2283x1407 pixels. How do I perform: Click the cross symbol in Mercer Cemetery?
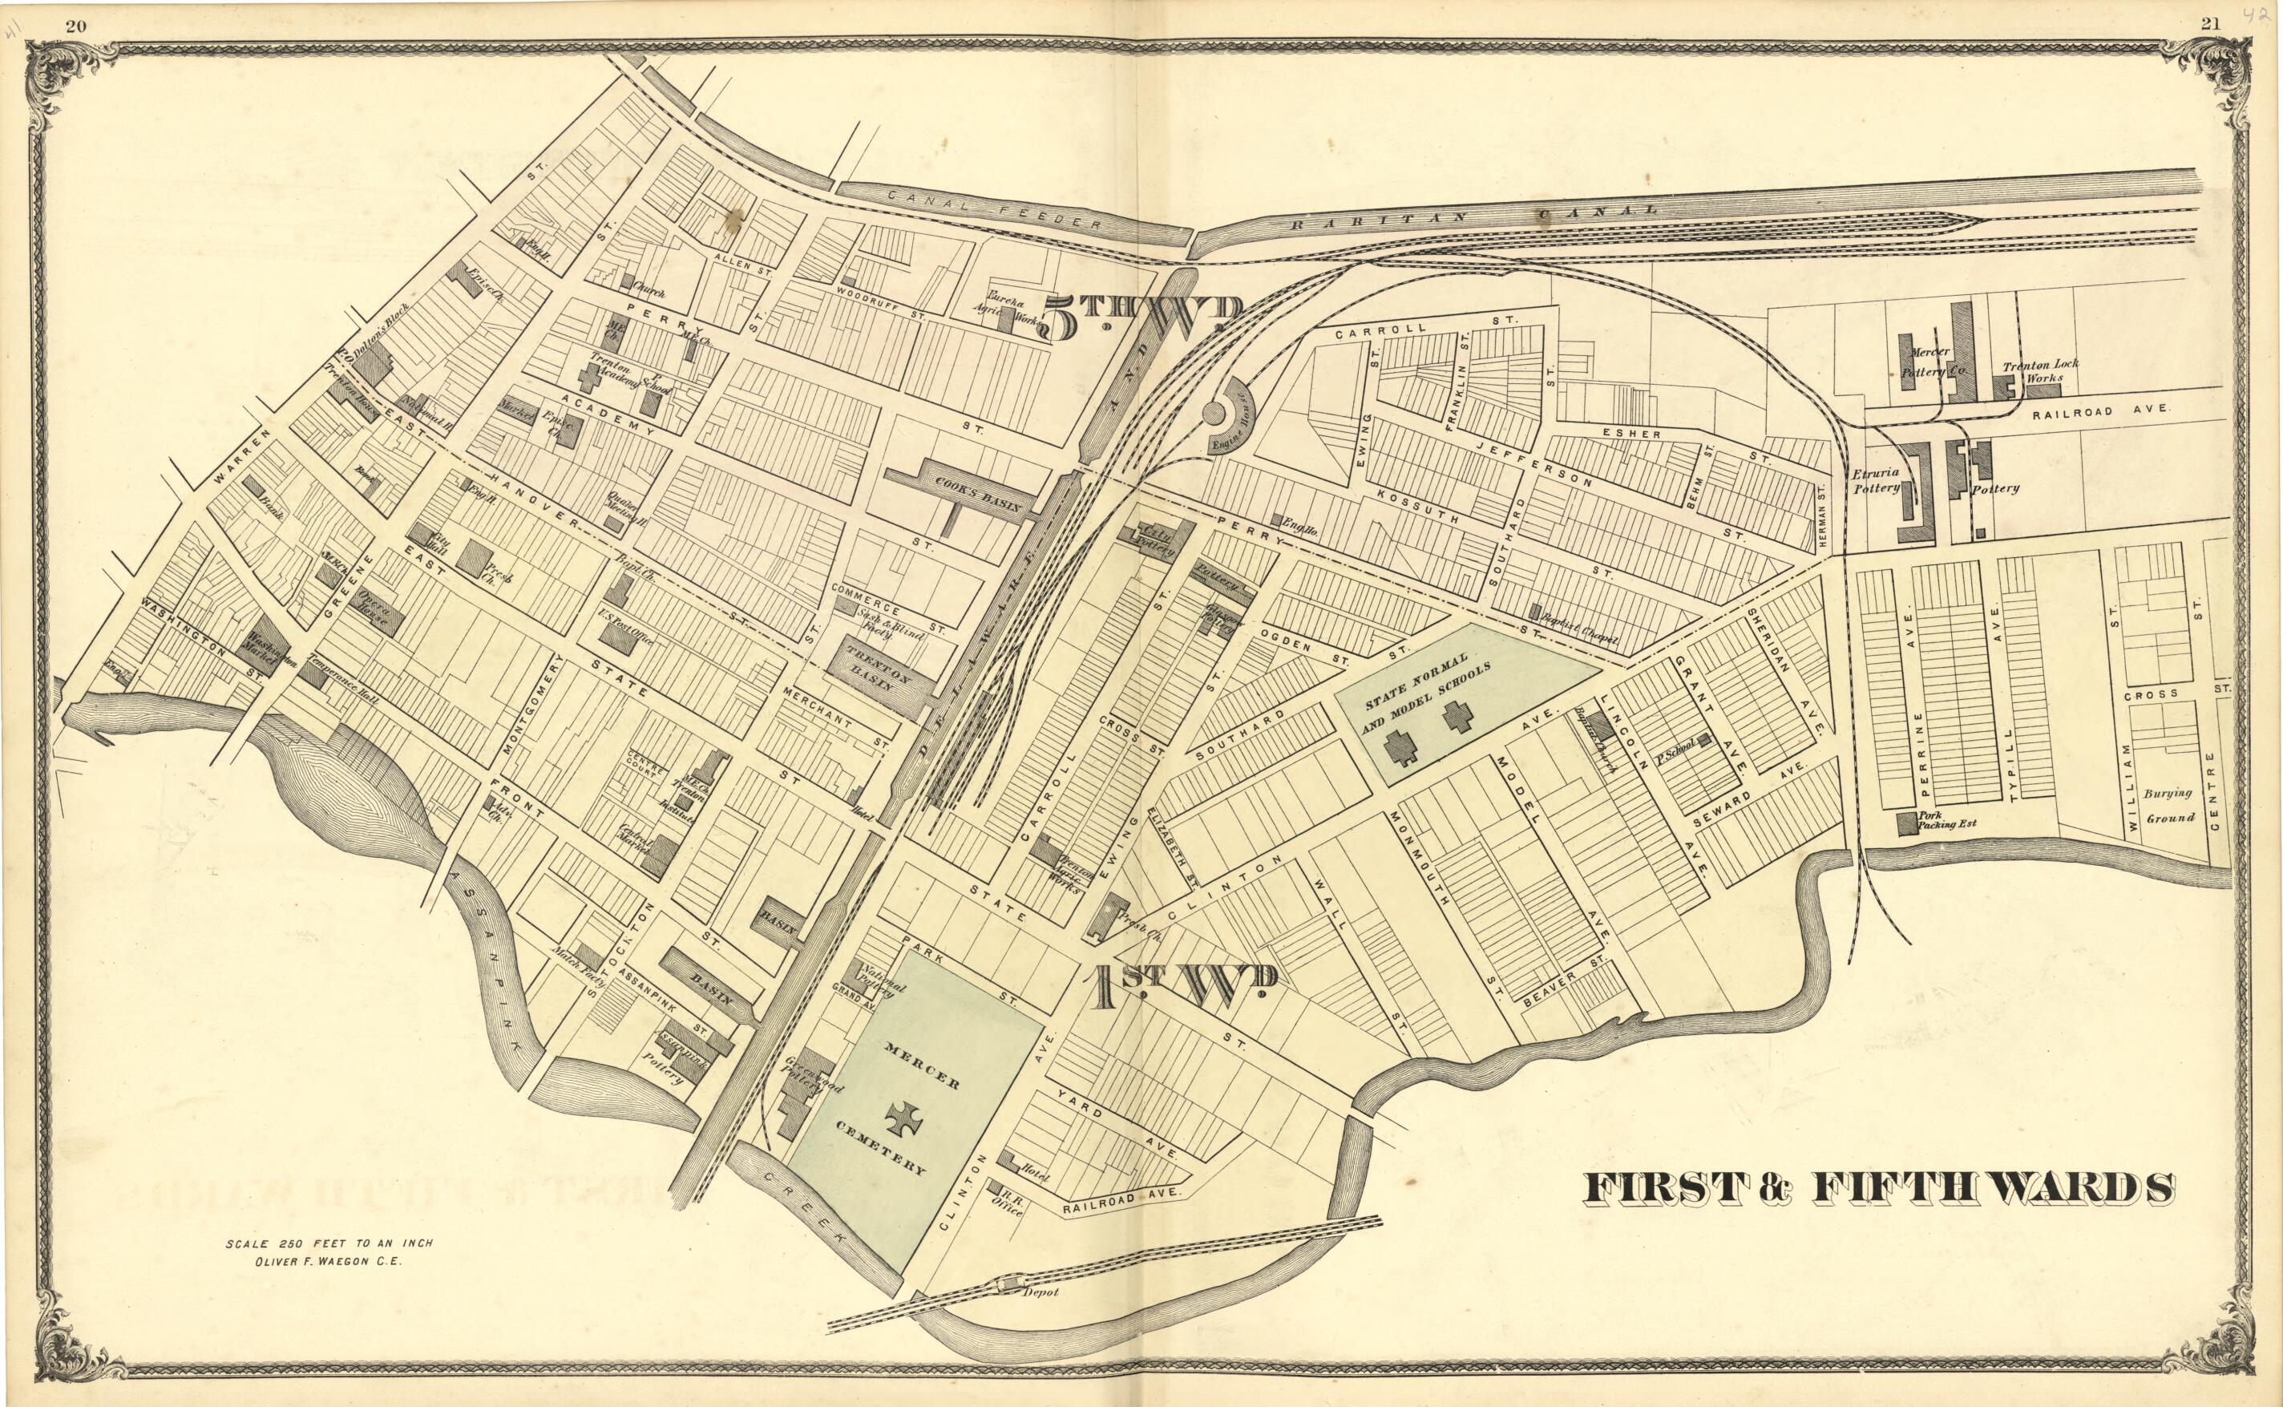(904, 1118)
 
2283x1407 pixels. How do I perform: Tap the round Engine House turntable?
(1215, 412)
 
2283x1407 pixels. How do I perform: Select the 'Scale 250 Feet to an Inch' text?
(329, 1243)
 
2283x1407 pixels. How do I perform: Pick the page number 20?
(76, 25)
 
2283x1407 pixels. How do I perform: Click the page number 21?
(2210, 24)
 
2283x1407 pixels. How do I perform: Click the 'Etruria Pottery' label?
(1876, 480)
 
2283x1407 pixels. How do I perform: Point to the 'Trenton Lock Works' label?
(2040, 370)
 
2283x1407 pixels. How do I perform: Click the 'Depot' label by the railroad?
(1040, 1292)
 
